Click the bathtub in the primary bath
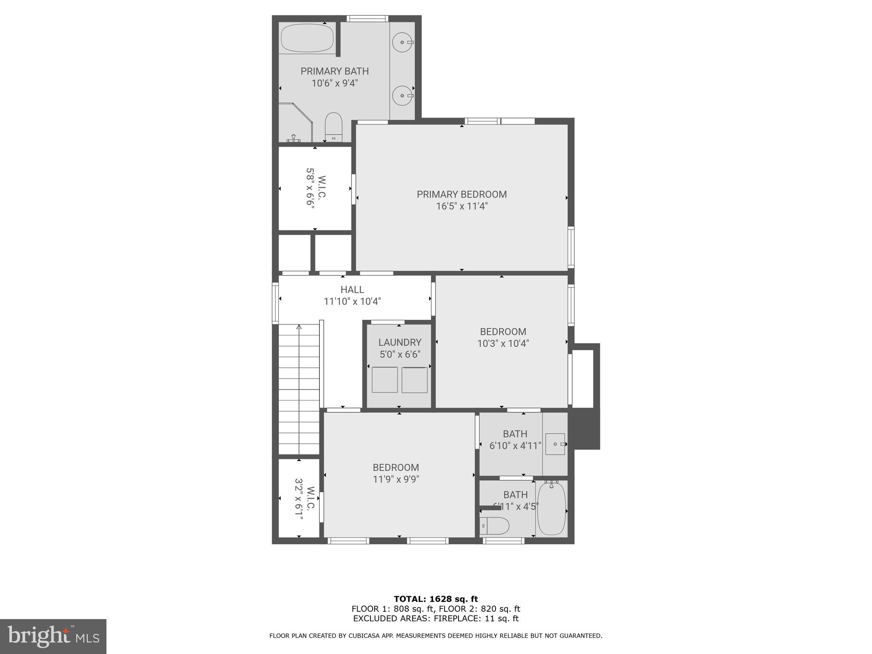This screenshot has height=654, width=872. click(x=307, y=38)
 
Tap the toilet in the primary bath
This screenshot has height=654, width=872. click(x=333, y=126)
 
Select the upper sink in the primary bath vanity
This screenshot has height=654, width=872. click(x=402, y=42)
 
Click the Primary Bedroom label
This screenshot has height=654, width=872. click(x=462, y=195)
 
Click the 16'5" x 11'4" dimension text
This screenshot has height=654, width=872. click(x=462, y=207)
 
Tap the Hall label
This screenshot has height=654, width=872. click(x=352, y=290)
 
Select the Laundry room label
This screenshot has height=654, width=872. click(x=400, y=342)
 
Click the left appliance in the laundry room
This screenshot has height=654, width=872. click(x=384, y=380)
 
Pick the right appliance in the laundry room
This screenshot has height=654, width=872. click(x=414, y=380)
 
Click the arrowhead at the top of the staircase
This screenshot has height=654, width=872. click(x=299, y=327)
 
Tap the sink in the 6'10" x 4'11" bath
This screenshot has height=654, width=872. click(x=556, y=444)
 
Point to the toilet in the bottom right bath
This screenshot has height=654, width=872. click(x=494, y=526)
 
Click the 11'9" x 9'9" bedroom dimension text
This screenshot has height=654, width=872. click(x=396, y=479)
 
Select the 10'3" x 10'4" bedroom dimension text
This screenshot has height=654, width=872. click(x=503, y=344)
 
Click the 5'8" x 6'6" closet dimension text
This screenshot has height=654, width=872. click(x=310, y=187)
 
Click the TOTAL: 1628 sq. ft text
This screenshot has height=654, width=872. click(x=436, y=599)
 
